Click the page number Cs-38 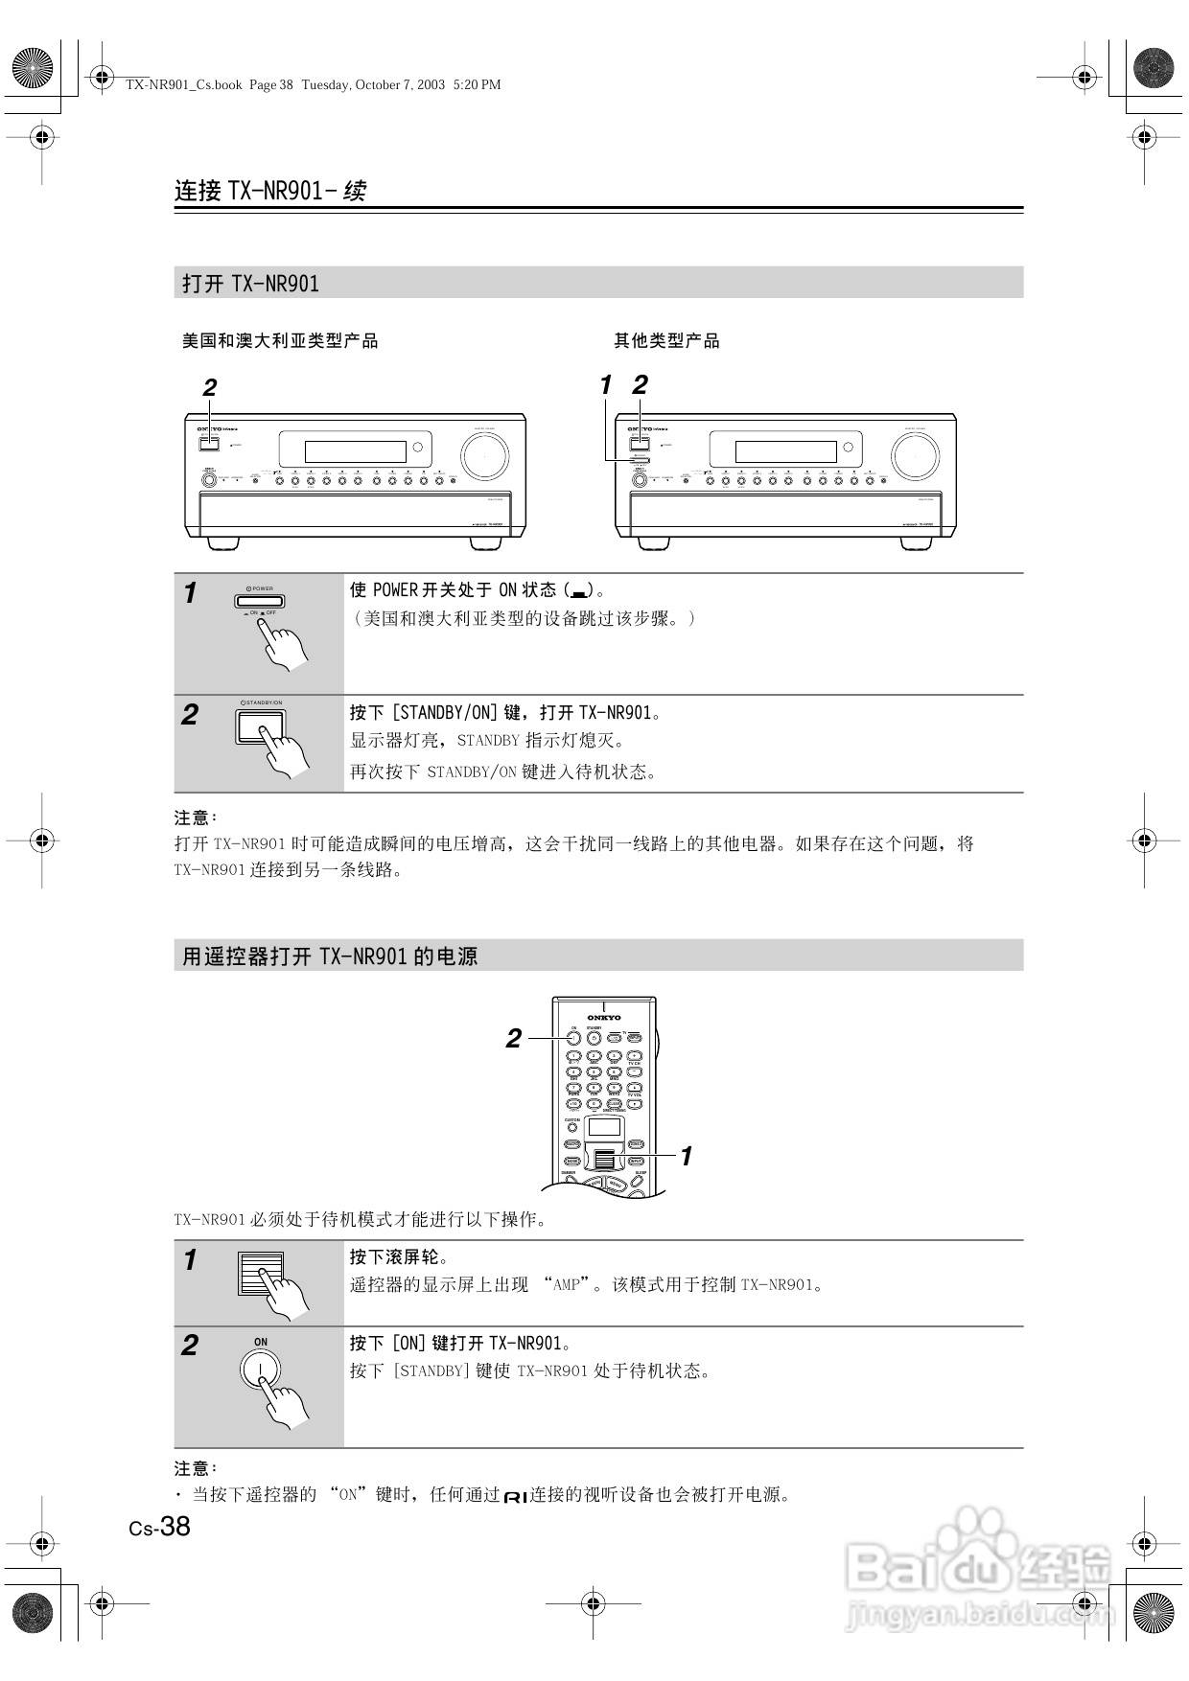[160, 1527]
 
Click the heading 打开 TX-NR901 [251, 284]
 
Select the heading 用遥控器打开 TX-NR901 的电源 [330, 956]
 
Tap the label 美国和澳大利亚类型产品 [280, 341]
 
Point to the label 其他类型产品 [666, 341]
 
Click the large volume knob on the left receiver [484, 456]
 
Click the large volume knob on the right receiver [915, 456]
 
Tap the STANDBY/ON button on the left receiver [209, 443]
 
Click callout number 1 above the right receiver [605, 385]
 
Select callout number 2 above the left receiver [209, 388]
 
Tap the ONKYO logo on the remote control [604, 1017]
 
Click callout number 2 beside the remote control [514, 1038]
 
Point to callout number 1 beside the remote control [687, 1157]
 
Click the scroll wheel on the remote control [604, 1158]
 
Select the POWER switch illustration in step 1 [259, 602]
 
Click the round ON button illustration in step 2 [260, 1369]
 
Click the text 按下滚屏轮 [399, 1257]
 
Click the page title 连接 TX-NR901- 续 [269, 191]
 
